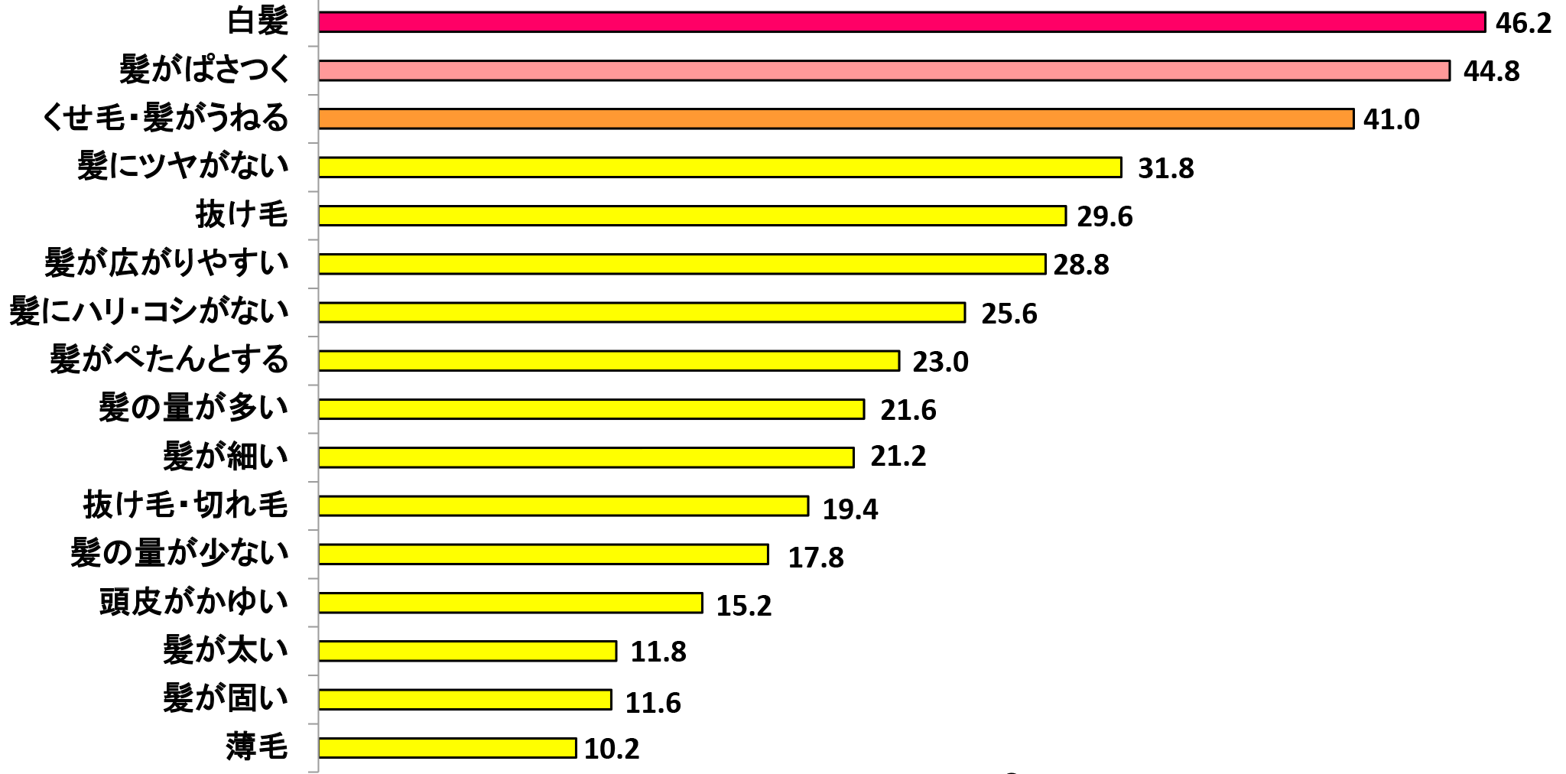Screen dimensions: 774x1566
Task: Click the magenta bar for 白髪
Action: point(902,22)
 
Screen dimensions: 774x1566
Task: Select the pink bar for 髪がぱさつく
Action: point(884,70)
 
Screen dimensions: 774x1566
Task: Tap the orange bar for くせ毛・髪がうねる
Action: point(836,119)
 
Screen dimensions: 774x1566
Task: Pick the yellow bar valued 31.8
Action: point(720,167)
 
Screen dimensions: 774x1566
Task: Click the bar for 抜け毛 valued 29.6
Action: point(692,216)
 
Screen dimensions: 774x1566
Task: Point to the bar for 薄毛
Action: point(447,748)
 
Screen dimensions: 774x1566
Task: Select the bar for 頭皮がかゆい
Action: point(510,603)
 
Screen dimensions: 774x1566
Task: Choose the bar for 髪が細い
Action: point(586,457)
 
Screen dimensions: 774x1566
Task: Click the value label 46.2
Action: point(1523,24)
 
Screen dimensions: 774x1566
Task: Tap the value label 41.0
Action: point(1392,119)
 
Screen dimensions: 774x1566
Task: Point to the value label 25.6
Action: point(1009,314)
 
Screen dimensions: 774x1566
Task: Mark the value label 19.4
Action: point(850,509)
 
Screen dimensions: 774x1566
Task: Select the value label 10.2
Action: point(612,749)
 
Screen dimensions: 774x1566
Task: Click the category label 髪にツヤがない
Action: point(184,166)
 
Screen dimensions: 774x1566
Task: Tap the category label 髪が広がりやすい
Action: point(167,263)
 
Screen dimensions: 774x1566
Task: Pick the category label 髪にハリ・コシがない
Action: point(149,311)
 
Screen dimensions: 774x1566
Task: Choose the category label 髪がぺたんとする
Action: point(169,359)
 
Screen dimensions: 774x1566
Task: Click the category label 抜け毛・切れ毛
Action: point(186,505)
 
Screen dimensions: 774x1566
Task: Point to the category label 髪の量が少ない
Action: point(180,553)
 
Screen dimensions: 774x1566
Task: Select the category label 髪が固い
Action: point(226,698)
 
